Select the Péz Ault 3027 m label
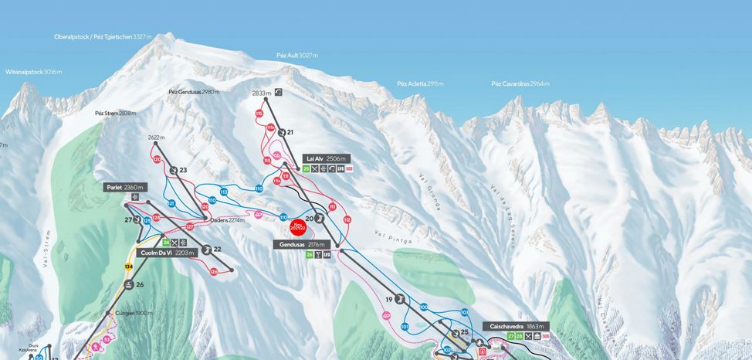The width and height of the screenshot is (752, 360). click(296, 56)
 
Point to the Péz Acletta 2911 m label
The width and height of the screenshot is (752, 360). click(420, 83)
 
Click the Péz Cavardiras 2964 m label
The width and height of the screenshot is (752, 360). click(520, 83)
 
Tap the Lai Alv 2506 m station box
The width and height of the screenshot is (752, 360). click(327, 158)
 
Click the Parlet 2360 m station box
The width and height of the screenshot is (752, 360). click(124, 187)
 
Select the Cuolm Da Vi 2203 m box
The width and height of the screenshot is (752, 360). click(164, 253)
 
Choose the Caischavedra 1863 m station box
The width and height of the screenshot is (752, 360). click(517, 326)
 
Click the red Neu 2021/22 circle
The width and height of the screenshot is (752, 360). click(298, 228)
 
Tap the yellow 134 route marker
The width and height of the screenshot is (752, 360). click(129, 267)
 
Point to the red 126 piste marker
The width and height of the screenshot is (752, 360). click(214, 271)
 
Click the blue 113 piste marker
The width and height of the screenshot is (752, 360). click(223, 191)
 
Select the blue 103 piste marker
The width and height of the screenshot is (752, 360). click(464, 312)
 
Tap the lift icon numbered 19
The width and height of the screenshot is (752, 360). click(400, 300)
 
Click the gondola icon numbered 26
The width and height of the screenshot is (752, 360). click(128, 284)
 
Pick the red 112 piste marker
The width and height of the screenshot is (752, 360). click(347, 220)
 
